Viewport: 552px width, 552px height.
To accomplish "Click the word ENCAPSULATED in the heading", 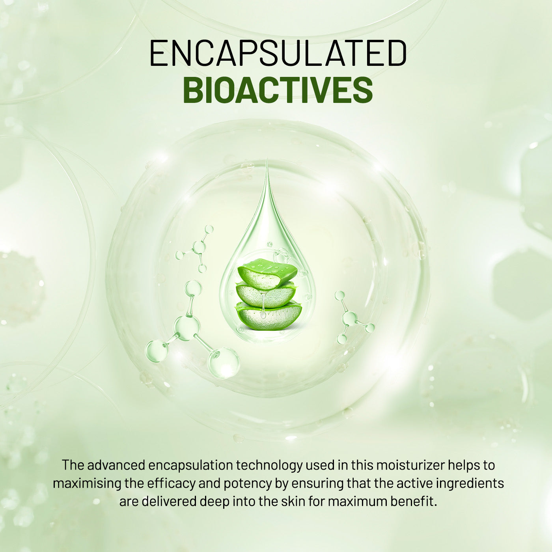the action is point(278,53).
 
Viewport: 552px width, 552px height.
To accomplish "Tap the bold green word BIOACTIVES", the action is point(278,90).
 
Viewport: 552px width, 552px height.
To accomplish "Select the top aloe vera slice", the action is point(267,274).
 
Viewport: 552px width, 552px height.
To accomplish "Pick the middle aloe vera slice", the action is point(265,295).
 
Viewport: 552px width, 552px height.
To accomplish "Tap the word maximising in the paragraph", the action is point(86,483).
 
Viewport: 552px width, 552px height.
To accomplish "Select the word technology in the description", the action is point(269,466).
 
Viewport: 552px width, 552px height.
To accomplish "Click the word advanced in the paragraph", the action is point(116,465).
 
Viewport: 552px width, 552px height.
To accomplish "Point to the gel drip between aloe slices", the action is point(263,305).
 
